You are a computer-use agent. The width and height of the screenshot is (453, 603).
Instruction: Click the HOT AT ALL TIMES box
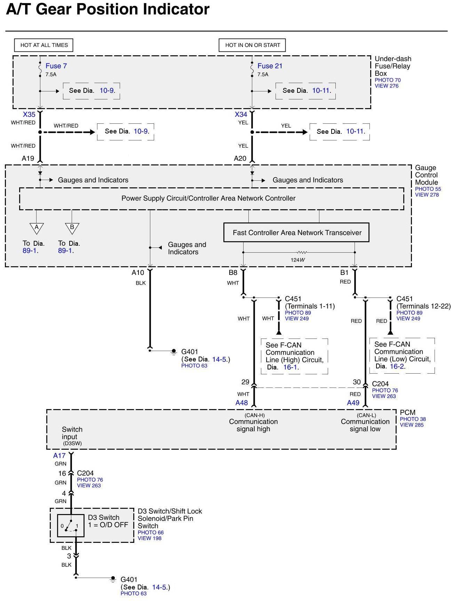point(44,45)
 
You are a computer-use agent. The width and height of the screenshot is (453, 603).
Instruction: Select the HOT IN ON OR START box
point(252,45)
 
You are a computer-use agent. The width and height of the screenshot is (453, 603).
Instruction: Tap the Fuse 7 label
point(56,66)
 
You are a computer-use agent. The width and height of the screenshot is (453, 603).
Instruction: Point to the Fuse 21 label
point(270,66)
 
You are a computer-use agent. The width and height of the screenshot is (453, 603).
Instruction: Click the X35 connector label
point(29,114)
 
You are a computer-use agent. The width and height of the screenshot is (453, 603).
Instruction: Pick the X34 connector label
point(241,114)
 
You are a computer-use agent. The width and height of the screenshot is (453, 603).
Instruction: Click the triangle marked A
point(37,228)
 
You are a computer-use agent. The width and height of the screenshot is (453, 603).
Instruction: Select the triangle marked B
point(72,228)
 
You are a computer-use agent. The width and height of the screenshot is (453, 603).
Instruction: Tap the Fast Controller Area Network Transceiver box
point(296,233)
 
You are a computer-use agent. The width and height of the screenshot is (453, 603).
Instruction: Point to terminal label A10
point(138,273)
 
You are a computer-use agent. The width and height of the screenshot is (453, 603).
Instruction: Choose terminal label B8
point(233,273)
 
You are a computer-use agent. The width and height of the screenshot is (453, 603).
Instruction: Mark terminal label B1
point(344,273)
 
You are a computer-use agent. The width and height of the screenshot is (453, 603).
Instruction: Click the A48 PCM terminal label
point(242,403)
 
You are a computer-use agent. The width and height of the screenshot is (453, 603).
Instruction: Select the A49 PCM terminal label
point(353,403)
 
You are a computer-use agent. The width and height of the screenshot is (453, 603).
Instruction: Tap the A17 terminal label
point(59,456)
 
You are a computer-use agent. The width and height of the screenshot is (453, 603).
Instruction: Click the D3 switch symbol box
point(71,525)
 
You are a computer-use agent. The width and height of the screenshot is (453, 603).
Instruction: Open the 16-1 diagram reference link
point(290,367)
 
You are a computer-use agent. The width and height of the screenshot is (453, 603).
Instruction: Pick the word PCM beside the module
point(407,413)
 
